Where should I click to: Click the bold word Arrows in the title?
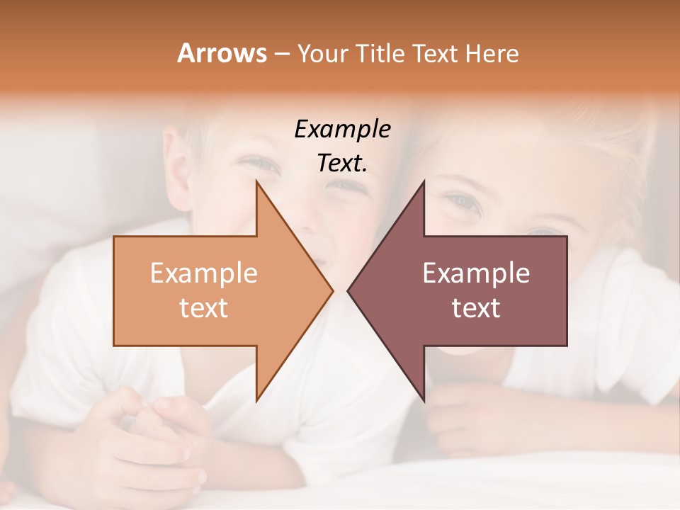click(x=222, y=53)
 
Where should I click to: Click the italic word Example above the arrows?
click(x=342, y=129)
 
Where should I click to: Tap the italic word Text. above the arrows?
click(x=342, y=163)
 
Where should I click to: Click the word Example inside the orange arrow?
click(x=204, y=273)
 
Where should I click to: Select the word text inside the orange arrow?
click(x=204, y=307)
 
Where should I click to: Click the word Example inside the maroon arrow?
click(x=476, y=273)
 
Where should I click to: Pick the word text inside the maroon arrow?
click(x=476, y=307)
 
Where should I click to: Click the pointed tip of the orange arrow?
click(x=331, y=290)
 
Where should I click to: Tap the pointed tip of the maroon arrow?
click(x=348, y=290)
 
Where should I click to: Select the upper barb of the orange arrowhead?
click(x=259, y=186)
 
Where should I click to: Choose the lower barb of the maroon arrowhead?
click(x=423, y=399)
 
